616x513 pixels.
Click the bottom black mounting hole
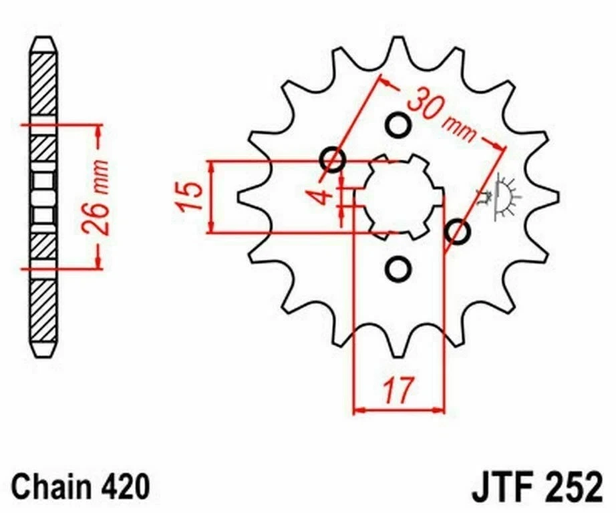pyautogui.click(x=398, y=269)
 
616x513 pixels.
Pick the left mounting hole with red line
pyautogui.click(x=332, y=160)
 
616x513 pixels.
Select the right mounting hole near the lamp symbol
pyautogui.click(x=458, y=232)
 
